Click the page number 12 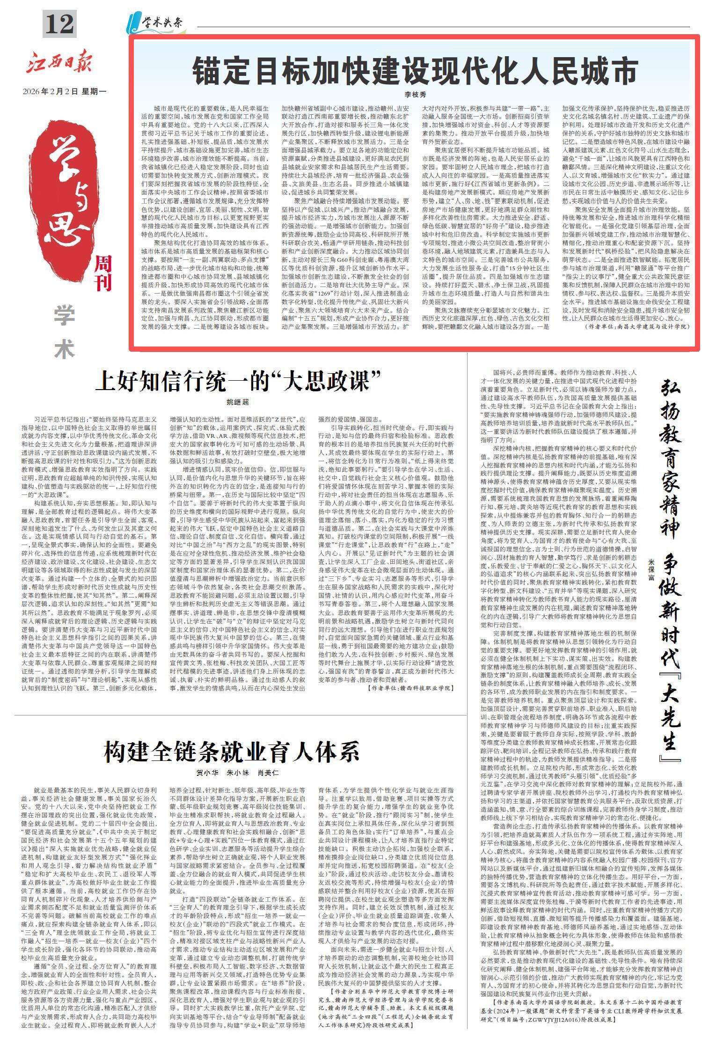[x=59, y=23]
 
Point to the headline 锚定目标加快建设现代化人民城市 [x=415, y=71]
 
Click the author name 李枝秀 [x=415, y=95]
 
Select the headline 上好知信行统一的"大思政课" [x=237, y=381]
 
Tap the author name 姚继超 [x=238, y=402]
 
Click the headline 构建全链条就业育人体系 [x=232, y=752]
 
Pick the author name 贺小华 [x=204, y=773]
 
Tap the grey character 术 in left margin [x=64, y=349]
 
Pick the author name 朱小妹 [x=236, y=773]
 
